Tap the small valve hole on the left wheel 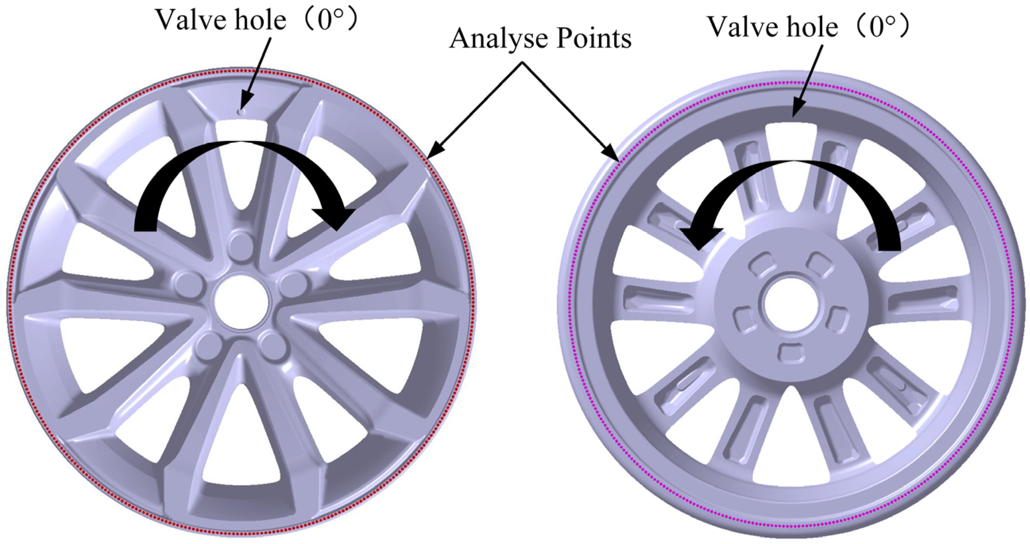[241, 112]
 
